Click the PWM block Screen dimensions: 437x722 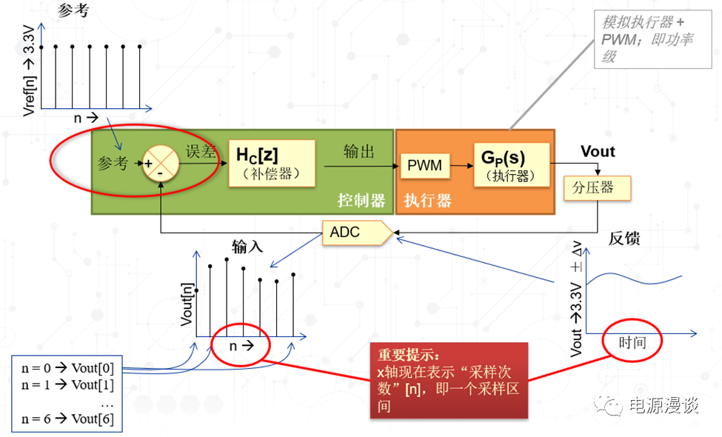pos(425,164)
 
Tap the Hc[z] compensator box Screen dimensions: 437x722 pos(271,164)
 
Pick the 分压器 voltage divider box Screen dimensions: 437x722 pos(597,187)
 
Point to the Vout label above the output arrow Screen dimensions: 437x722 pos(598,152)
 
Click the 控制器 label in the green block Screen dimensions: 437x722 pos(361,200)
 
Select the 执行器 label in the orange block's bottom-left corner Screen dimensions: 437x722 pos(427,200)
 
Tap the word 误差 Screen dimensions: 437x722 pos(200,152)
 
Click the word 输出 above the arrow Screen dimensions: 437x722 pos(358,152)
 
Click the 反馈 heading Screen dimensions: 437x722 pos(624,238)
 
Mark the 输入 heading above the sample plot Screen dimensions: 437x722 pos(247,247)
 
